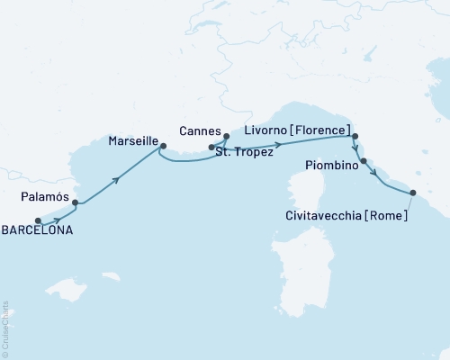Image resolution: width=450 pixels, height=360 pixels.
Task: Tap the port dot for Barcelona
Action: tap(38, 220)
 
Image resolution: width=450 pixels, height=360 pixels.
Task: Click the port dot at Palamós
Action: tap(75, 202)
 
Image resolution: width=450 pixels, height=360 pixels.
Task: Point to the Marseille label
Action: tap(133, 141)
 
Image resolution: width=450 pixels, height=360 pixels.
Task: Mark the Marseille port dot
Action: tap(163, 146)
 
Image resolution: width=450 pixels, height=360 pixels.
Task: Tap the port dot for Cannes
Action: tap(226, 137)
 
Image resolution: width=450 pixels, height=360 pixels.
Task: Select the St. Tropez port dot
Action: tap(211, 147)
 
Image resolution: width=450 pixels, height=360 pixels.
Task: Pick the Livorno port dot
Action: tap(355, 137)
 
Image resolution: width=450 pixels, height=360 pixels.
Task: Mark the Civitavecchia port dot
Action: tap(412, 193)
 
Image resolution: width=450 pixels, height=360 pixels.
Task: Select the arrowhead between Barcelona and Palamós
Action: tap(58, 218)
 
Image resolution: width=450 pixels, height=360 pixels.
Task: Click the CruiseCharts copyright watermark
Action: tap(5, 328)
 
